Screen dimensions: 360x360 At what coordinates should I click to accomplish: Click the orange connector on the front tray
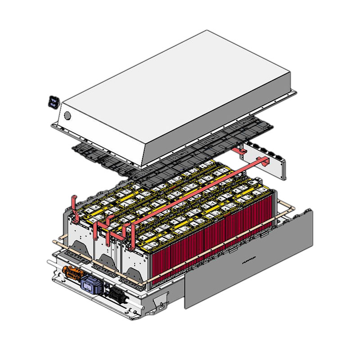pos(72,273)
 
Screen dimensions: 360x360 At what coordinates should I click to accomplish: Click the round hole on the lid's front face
pos(67,115)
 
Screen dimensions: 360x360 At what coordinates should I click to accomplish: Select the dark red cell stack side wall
pos(211,243)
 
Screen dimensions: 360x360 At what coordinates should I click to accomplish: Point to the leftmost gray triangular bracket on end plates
pos(77,248)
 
